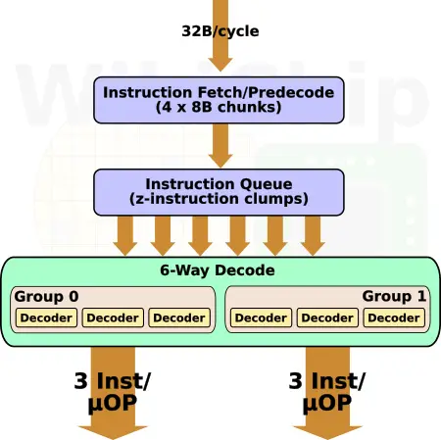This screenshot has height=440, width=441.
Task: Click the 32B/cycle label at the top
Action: (220, 31)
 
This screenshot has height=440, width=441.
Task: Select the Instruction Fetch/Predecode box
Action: (219, 100)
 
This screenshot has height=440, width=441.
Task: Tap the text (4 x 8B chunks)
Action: (219, 107)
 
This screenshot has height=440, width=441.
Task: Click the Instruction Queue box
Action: (219, 192)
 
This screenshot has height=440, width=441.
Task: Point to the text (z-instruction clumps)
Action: (219, 199)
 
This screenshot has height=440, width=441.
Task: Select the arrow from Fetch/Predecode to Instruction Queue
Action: (220, 146)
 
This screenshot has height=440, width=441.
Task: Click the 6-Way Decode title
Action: (218, 270)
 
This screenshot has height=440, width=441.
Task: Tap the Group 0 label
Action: (46, 297)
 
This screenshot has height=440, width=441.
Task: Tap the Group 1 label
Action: (394, 296)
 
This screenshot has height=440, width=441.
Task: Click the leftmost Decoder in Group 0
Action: (46, 318)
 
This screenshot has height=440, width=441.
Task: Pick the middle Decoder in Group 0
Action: (113, 318)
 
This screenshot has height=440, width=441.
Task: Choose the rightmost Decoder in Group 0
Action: (179, 318)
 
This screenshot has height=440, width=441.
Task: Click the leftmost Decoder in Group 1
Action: (261, 318)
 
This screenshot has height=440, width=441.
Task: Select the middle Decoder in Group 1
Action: (327, 318)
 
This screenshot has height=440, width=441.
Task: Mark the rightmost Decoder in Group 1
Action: (394, 318)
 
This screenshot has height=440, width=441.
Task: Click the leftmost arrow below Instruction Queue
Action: (125, 236)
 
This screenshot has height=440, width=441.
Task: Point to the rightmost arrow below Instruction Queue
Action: (313, 236)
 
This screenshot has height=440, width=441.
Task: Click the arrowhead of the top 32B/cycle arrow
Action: (220, 65)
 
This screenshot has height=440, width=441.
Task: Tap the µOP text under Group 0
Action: (113, 404)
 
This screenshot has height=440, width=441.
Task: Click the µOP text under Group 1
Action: (327, 404)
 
